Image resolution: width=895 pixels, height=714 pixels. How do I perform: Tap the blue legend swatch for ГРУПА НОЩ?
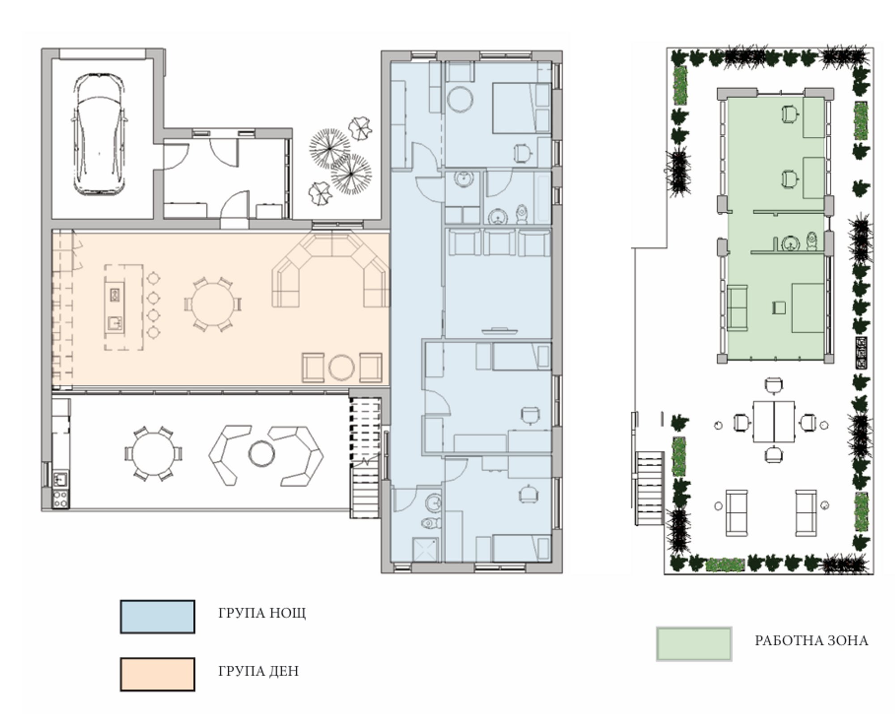pos(158,617)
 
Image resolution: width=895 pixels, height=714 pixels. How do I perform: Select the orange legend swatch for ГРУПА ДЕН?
pos(158,674)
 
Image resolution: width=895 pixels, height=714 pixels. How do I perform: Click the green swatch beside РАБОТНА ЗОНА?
pos(694,644)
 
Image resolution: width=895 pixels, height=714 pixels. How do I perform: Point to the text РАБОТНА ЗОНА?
pos(811,641)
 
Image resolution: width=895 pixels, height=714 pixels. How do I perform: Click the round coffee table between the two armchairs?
pos(341,368)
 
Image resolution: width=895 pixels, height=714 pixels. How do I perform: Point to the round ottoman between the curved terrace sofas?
pos(261,453)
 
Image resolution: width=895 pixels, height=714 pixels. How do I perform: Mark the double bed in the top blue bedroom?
pos(521,107)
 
